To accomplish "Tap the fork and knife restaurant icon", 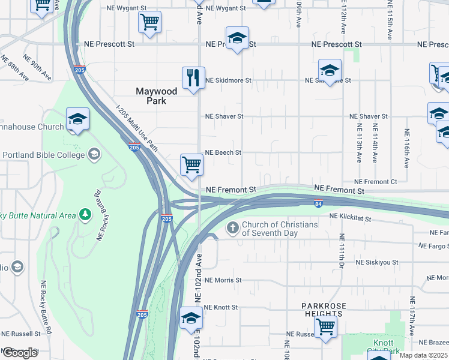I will (193, 78).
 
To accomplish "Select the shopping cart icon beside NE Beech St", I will (191, 164).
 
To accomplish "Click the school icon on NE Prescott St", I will (237, 38).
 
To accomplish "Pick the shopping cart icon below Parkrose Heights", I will (325, 327).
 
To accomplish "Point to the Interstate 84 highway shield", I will (318, 203).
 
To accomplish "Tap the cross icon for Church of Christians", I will (233, 228).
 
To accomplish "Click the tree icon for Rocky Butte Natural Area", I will (86, 214).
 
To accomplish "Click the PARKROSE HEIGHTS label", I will (324, 310).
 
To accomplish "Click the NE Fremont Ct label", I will (376, 181).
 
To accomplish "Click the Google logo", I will (20, 353).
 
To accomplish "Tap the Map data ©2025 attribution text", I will (423, 355).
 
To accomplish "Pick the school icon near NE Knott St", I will (191, 318).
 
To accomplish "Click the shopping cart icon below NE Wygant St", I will (149, 23).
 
